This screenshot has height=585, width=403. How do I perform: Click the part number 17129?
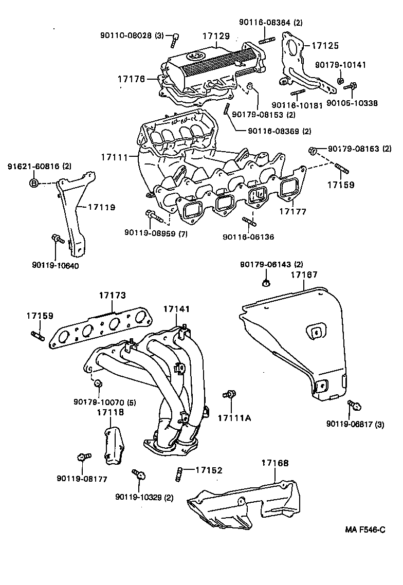coord(216,36)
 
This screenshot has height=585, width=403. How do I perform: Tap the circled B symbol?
coord(33,183)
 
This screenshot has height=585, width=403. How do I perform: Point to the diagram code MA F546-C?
coord(364,529)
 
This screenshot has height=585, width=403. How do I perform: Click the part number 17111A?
coord(233,417)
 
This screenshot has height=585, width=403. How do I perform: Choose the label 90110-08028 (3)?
coord(131,35)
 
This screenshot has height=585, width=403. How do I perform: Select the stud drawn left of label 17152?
coord(179,473)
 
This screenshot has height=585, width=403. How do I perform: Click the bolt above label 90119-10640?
coord(57,239)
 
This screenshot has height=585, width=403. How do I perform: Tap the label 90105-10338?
coord(353,103)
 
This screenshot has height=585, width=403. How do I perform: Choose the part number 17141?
coord(177,309)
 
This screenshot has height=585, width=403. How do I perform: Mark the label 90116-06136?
coord(248,237)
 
